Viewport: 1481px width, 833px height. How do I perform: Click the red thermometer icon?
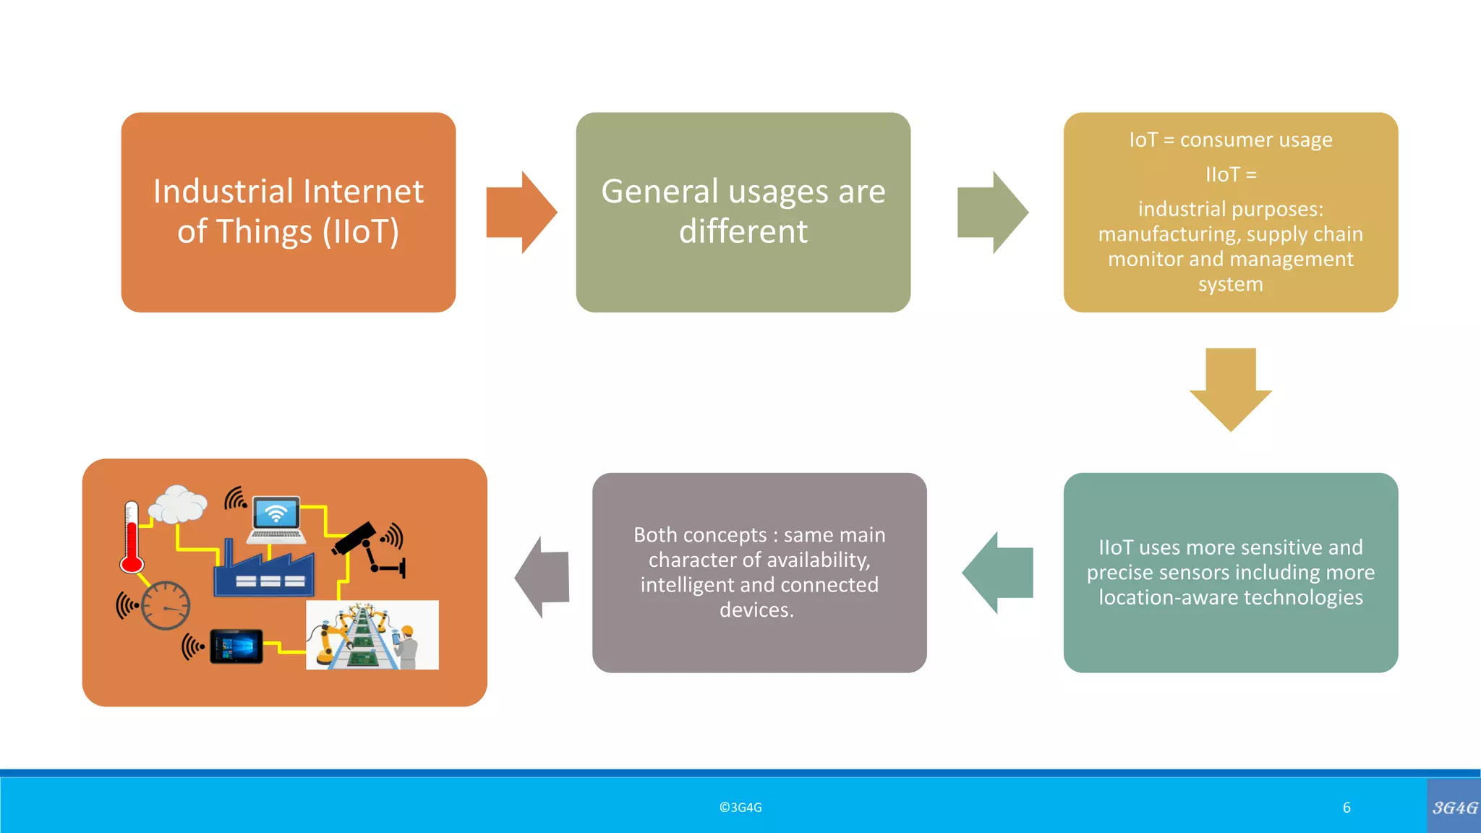click(x=132, y=538)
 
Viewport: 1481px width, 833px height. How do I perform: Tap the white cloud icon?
click(x=177, y=505)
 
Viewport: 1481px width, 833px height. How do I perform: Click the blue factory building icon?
click(x=263, y=571)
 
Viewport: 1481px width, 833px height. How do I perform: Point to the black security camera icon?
click(x=356, y=539)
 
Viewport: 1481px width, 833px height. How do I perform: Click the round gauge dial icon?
click(x=166, y=605)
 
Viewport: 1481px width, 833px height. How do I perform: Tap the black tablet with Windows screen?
click(x=236, y=646)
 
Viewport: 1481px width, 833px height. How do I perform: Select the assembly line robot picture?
click(x=372, y=635)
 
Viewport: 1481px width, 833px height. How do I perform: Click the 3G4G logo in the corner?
click(x=1454, y=807)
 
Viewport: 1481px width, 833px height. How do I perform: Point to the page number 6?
click(x=1346, y=808)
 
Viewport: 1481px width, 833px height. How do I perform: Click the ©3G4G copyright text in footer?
click(x=740, y=808)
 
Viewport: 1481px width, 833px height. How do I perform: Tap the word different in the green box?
click(x=743, y=231)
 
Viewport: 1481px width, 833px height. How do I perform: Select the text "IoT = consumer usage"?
click(x=1230, y=140)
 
